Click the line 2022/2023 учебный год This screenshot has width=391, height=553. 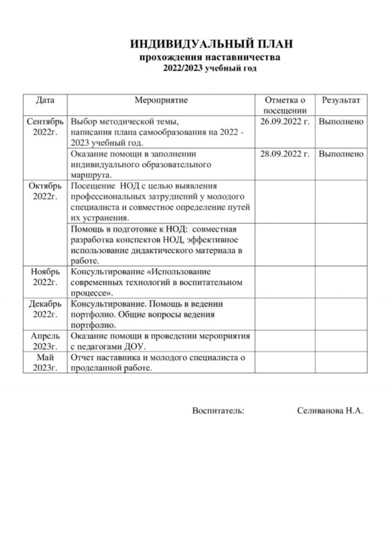coord(211,68)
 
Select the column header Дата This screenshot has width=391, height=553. coord(45,100)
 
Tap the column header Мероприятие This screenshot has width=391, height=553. coord(161,100)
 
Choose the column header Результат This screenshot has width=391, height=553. coord(341,100)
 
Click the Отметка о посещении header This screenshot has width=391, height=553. coord(285,105)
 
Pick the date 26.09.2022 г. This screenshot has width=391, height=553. coord(285,122)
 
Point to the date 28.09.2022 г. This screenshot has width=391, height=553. coord(285,154)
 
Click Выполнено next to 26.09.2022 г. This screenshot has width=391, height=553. coord(341,122)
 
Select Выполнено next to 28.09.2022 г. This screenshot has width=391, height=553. coord(341,154)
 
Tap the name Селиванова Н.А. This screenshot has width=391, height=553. coord(329,411)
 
